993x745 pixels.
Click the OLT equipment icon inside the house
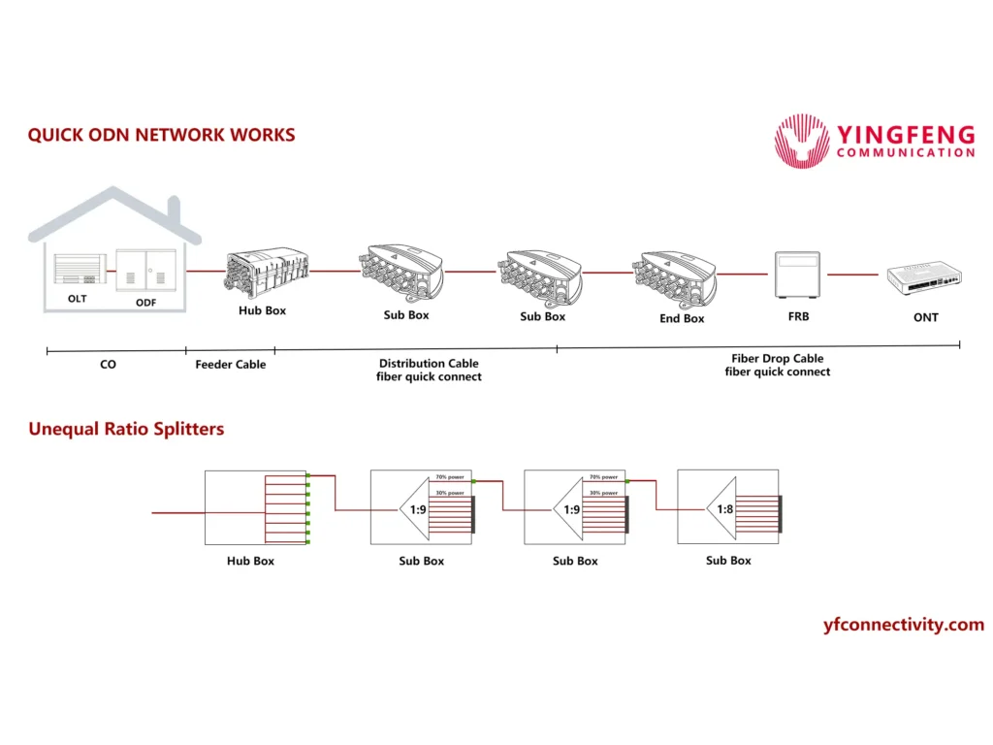click(x=77, y=271)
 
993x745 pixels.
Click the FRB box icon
click(x=799, y=275)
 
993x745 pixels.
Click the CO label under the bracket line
click(x=108, y=365)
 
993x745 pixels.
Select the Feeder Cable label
click(x=230, y=365)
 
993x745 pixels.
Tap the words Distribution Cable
click(x=429, y=364)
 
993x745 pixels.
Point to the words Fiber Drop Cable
click(x=778, y=359)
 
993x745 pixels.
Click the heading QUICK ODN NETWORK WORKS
click(x=161, y=136)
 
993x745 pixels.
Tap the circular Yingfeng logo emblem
click(x=802, y=142)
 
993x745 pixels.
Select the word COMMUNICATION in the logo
click(x=905, y=153)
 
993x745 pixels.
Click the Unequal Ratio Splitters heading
click(x=126, y=428)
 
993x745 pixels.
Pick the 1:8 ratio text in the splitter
click(x=724, y=509)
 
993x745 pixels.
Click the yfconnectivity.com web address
click(x=903, y=625)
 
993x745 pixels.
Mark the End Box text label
click(x=682, y=318)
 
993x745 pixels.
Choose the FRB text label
click(x=798, y=316)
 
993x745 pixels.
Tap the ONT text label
click(x=926, y=317)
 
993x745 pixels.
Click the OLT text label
click(x=77, y=299)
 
